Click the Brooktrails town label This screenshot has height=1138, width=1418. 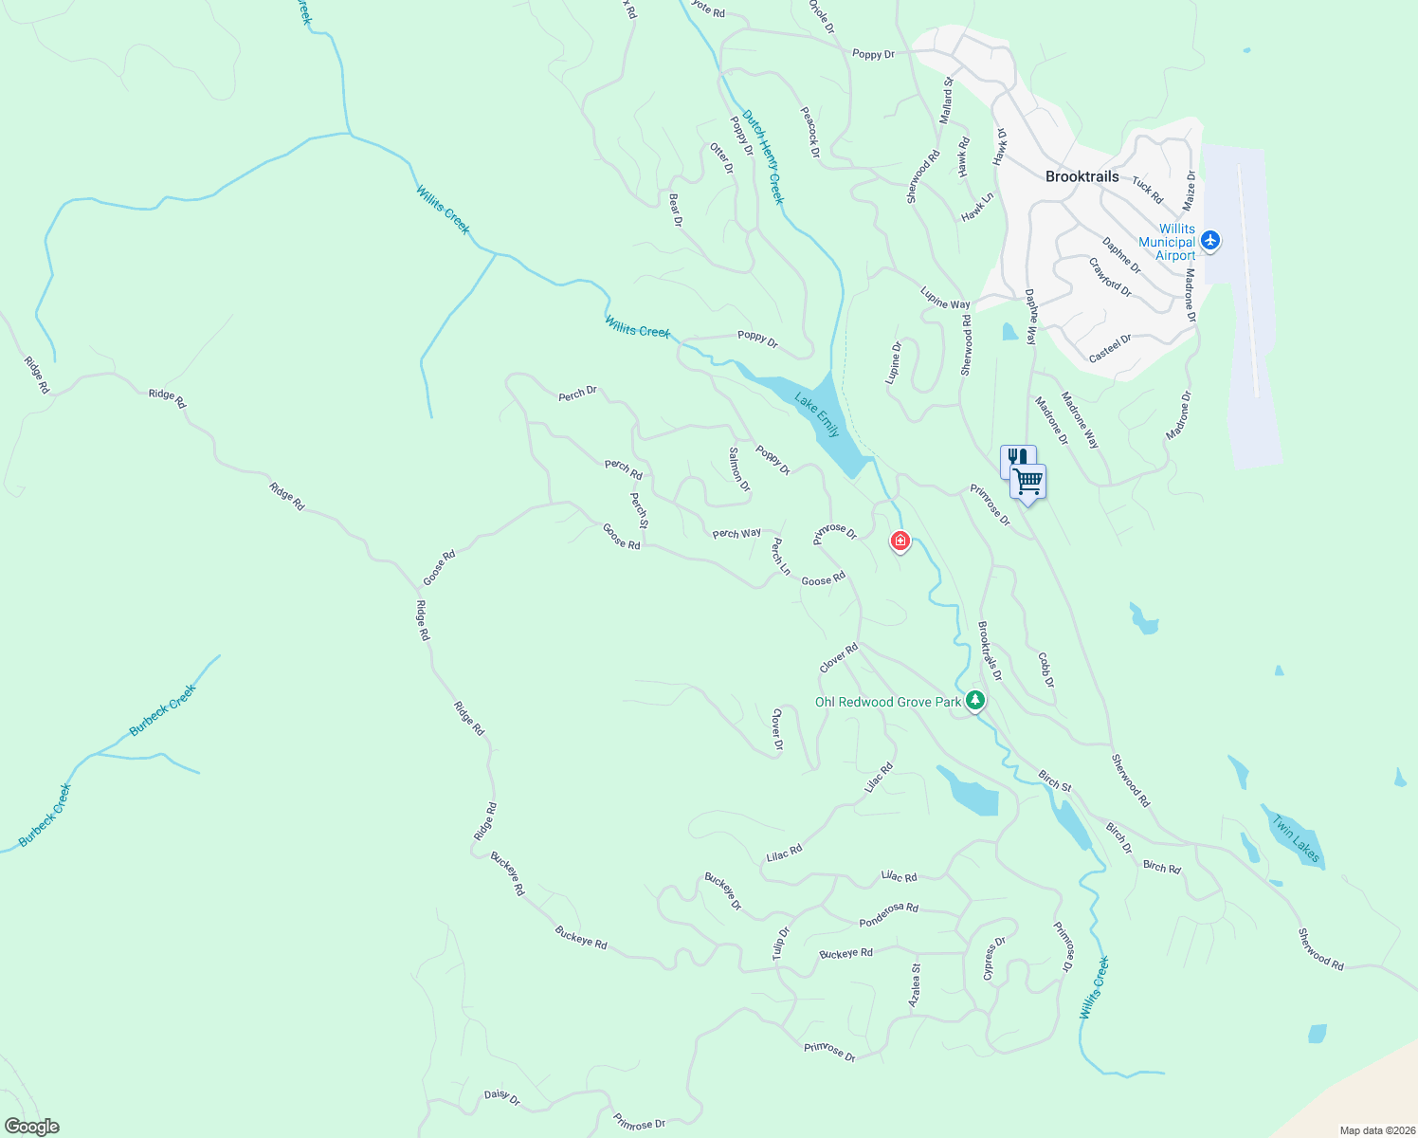1082,176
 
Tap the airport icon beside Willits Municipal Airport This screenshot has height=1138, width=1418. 1209,241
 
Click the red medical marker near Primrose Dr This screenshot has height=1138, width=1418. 900,541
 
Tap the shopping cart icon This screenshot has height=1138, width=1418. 1027,483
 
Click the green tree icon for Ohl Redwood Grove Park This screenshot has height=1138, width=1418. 975,702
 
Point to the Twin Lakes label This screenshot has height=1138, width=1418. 1296,838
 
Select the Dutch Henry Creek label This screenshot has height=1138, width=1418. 763,156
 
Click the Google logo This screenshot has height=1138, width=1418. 31,1127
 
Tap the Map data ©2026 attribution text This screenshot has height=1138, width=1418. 1376,1130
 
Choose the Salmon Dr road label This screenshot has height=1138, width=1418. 739,469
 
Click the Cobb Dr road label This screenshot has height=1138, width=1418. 1045,670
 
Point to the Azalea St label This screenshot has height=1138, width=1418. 915,985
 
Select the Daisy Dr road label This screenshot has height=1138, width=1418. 502,1097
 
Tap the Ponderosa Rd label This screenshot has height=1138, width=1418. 888,914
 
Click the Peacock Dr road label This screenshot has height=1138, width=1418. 809,131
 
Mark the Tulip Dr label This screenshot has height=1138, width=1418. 780,944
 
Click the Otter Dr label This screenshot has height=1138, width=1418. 722,158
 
